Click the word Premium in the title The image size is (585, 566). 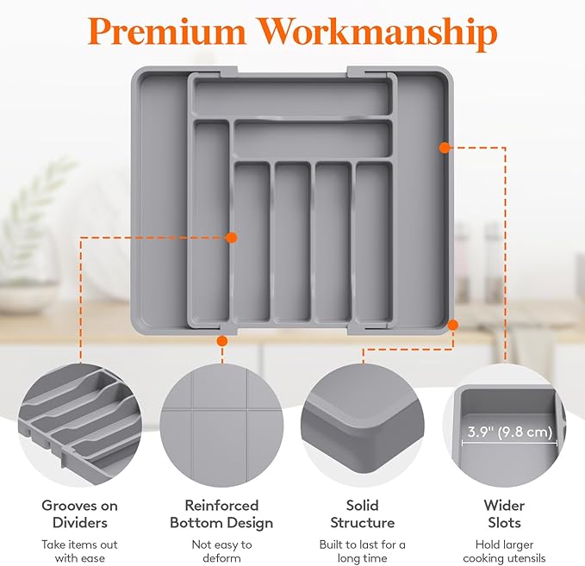click(x=167, y=31)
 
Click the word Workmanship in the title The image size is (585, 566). click(x=378, y=34)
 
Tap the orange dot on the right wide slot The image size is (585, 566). click(x=444, y=148)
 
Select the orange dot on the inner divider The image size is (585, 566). click(x=231, y=237)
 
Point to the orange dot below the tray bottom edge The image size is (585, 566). click(x=222, y=340)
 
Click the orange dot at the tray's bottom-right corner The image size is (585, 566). click(x=452, y=325)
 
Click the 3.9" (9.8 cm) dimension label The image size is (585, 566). click(x=509, y=432)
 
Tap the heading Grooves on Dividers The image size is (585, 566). click(x=80, y=514)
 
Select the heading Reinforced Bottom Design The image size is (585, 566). click(x=221, y=514)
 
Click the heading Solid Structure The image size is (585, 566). click(x=362, y=514)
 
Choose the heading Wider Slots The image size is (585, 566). click(x=504, y=514)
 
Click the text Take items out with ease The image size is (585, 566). click(x=79, y=551)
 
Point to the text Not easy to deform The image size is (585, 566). click(x=221, y=551)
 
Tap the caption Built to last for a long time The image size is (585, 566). click(x=362, y=551)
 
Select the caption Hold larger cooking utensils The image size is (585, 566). click(x=504, y=551)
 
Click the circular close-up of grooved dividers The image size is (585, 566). click(x=80, y=426)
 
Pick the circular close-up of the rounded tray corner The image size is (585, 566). click(x=362, y=426)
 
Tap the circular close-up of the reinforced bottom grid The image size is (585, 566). click(x=221, y=426)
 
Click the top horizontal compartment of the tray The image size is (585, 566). click(x=293, y=97)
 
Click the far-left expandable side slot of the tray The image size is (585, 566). click(x=162, y=202)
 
